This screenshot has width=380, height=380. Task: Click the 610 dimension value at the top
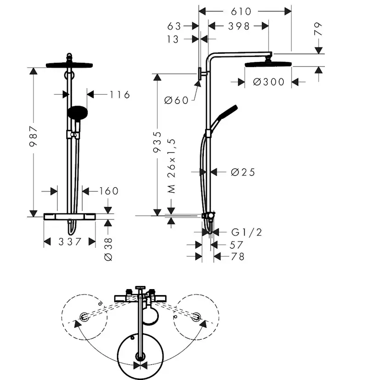point(241,11)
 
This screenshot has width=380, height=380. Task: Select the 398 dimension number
point(239,26)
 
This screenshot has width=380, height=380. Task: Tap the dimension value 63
point(175,26)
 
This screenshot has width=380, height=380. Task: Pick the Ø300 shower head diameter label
point(268,82)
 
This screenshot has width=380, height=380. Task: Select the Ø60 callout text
point(176,100)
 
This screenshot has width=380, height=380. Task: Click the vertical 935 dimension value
point(157,142)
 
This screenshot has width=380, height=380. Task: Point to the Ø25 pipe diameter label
point(242,172)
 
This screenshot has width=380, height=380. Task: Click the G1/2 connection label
point(246,233)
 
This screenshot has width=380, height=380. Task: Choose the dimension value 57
point(237,246)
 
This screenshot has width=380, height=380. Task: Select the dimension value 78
point(237,257)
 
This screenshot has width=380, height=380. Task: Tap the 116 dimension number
point(120,95)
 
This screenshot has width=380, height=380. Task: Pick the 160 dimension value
point(108,191)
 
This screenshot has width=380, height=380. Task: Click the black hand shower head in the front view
point(76,112)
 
